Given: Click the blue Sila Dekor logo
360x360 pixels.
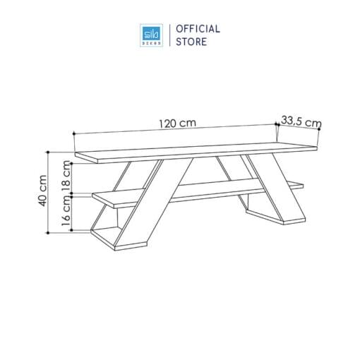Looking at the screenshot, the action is tap(151, 35).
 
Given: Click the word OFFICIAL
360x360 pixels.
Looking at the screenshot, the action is tap(198, 29).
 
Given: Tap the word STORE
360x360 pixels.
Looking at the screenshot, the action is tap(191, 42).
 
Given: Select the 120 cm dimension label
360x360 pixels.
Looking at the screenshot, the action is tap(177, 123).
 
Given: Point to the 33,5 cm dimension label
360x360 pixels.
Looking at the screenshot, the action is tap(301, 122).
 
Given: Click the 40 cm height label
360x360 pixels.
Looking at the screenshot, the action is tap(43, 191).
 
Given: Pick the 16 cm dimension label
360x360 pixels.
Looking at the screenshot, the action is tap(66, 211).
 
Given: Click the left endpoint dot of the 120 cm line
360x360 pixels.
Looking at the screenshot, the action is tap(74, 133).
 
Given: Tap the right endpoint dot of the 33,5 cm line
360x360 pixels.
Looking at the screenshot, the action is tap(319, 129).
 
